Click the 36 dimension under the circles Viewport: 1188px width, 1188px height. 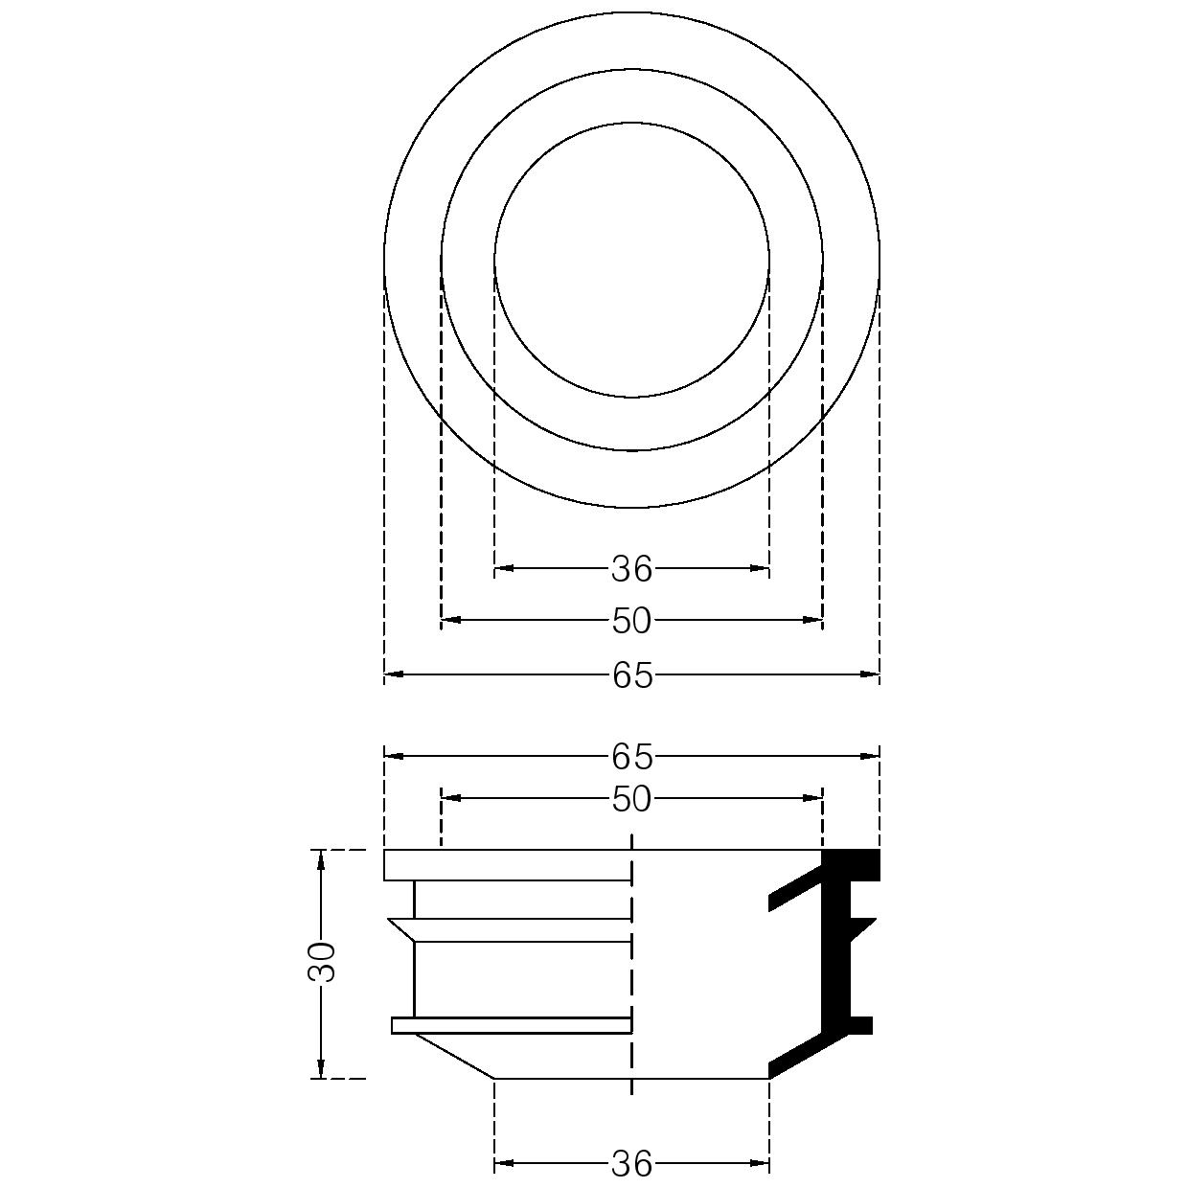tap(631, 569)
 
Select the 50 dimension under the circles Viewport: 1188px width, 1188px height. tap(631, 621)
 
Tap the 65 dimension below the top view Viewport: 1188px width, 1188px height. tap(632, 675)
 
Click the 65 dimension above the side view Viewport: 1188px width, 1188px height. tap(632, 757)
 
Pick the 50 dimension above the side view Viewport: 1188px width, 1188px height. tap(631, 800)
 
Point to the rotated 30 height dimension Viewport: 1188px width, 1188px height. tap(321, 962)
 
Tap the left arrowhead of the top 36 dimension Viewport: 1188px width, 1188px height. tap(504, 568)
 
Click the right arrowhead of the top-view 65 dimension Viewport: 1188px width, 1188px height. tap(869, 674)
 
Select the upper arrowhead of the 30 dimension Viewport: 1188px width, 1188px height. tap(320, 860)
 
